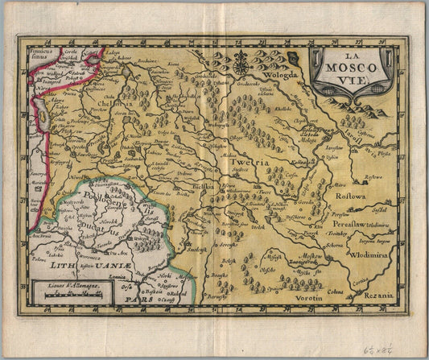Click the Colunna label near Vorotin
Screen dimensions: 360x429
[336, 292]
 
